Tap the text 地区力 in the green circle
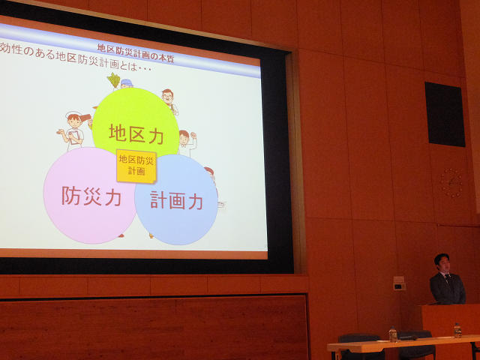pos(136,134)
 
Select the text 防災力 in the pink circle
pos(91,196)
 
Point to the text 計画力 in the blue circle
pos(176,200)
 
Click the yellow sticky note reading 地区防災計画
pos(136,166)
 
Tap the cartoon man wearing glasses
pos(169,101)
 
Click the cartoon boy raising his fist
pos(187,142)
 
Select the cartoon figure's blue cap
pos(127,82)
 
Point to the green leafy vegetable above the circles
pos(114,80)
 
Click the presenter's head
pos(442,263)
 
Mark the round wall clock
pos(451,183)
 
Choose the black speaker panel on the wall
pos(445,114)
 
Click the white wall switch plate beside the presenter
pos(399,283)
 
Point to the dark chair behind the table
pos(359,346)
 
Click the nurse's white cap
pos(73,114)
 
